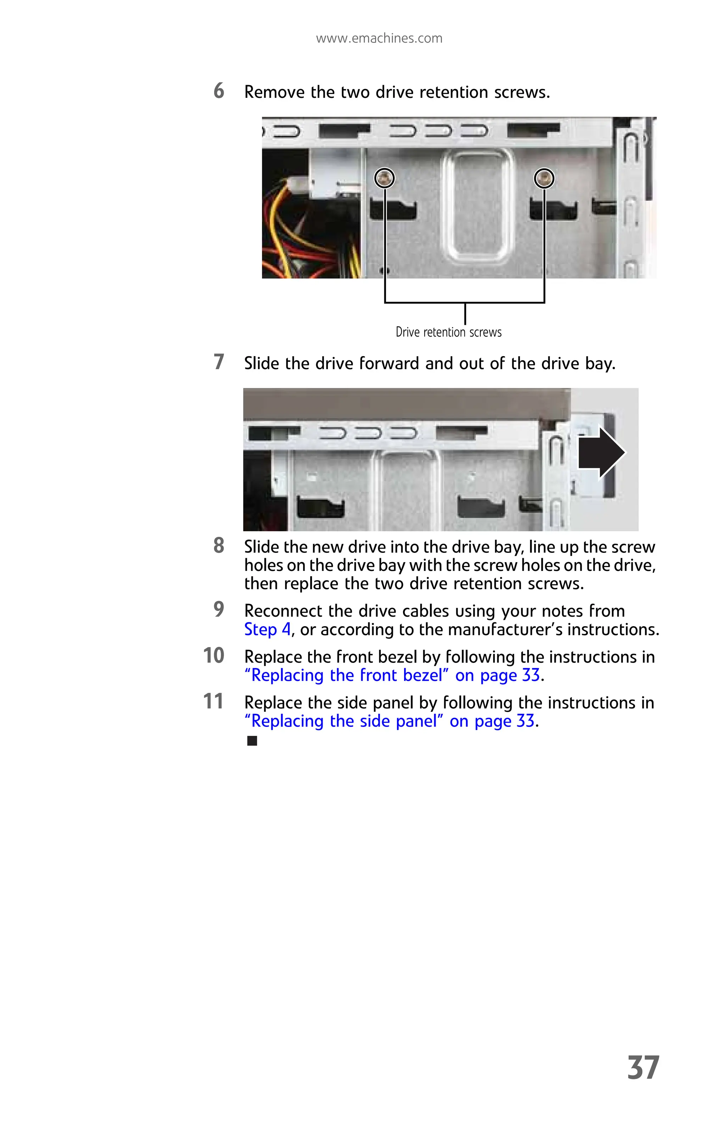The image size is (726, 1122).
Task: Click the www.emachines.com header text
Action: pos(379,38)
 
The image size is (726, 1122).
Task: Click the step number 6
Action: pos(219,91)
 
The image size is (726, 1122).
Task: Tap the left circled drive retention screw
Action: pos(384,178)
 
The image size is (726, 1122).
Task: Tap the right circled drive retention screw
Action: pos(544,178)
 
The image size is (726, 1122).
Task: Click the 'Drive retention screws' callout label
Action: pos(448,332)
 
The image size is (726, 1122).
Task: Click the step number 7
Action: pos(219,362)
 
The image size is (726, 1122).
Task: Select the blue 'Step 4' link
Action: pos(267,629)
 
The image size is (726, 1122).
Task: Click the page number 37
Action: pos(643,1068)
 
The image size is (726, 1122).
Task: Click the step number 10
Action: pos(213,656)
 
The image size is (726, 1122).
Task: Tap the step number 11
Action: pos(213,701)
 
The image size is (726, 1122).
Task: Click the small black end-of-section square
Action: pos(252,741)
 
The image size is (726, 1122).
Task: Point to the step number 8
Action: pos(219,546)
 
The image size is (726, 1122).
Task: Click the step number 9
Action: pos(219,610)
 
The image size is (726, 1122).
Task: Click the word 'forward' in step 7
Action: pos(389,363)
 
